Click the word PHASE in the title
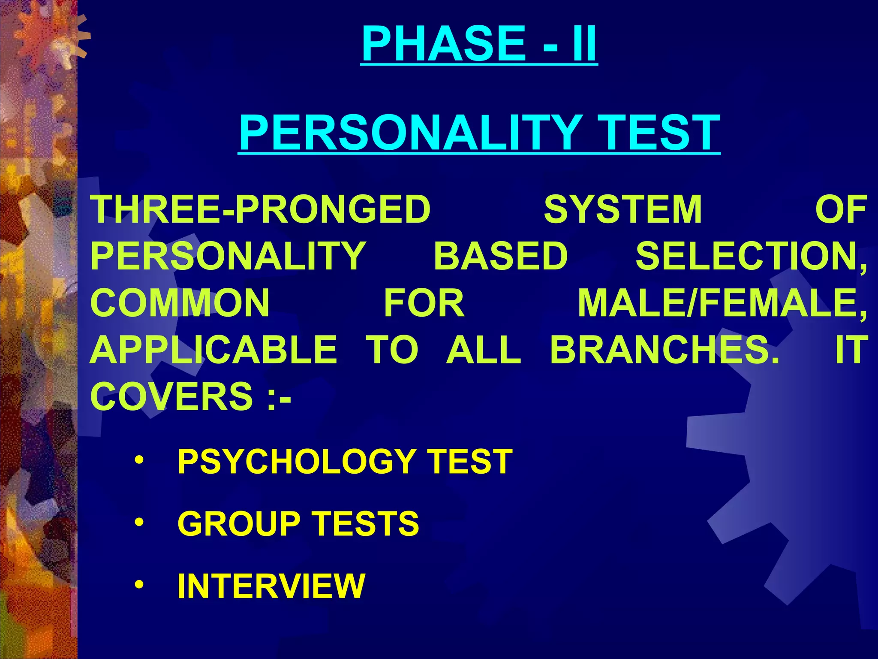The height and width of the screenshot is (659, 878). [443, 44]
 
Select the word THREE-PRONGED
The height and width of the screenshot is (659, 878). [260, 209]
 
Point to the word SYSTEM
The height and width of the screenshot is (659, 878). [623, 209]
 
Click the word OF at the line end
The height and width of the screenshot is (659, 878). [841, 209]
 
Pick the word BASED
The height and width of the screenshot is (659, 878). [500, 256]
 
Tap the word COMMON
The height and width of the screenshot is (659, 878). [180, 303]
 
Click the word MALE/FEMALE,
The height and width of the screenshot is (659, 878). [722, 303]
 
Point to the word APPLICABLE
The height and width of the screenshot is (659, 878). [213, 350]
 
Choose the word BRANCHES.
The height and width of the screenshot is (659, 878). [665, 350]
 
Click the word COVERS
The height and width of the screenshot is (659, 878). [171, 396]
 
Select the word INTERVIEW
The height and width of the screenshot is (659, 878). [271, 586]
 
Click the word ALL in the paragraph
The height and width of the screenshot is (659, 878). [483, 350]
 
